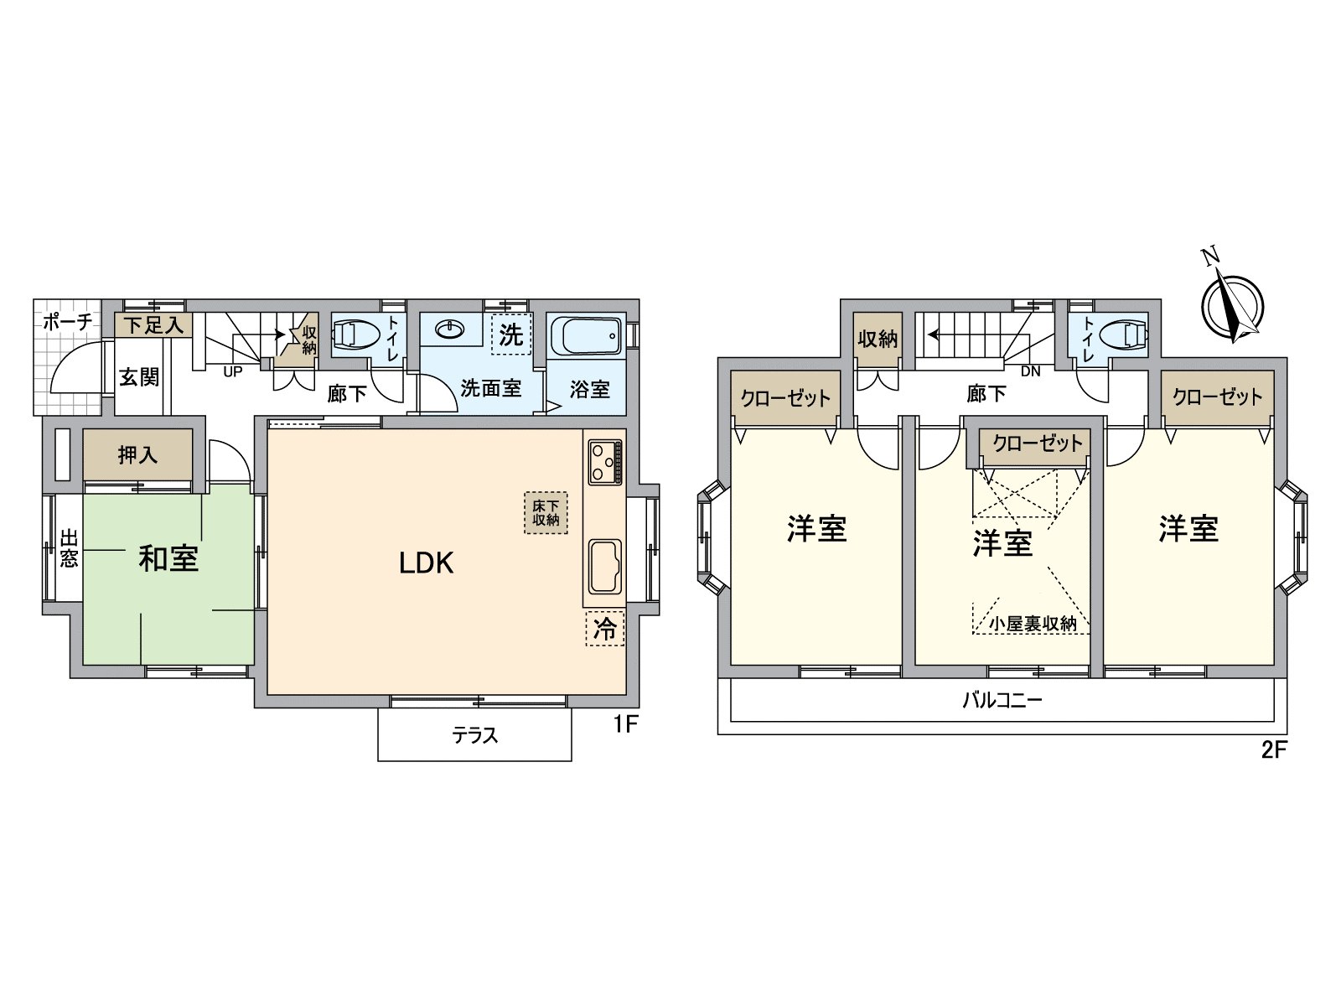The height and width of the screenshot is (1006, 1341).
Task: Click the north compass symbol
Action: [x=1232, y=304]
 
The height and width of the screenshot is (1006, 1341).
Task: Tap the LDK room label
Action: [x=427, y=563]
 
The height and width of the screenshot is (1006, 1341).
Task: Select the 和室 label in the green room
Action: [x=168, y=558]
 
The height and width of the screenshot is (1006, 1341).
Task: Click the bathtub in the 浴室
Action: [x=586, y=334]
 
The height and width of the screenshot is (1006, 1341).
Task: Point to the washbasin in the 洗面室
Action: [x=450, y=329]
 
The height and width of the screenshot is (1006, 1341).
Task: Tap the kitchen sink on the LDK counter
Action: [x=605, y=566]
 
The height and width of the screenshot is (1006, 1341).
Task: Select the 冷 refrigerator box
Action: [x=605, y=629]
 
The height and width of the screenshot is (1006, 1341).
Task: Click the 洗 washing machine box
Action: [x=511, y=334]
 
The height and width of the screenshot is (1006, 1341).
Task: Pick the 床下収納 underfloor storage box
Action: [x=546, y=513]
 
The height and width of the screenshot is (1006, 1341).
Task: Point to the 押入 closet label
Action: [x=138, y=455]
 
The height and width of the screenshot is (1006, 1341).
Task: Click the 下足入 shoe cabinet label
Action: [x=153, y=325]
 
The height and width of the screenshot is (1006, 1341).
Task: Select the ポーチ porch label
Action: [x=67, y=321]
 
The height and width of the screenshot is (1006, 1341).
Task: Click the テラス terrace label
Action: [x=474, y=735]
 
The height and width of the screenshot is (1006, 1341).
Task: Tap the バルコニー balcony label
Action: [x=1002, y=700]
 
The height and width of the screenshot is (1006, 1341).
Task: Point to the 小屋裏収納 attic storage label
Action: [x=1033, y=624]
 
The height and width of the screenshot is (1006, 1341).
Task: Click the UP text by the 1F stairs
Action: [x=233, y=371]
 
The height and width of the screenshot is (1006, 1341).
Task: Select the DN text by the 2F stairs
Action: [x=1031, y=371]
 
